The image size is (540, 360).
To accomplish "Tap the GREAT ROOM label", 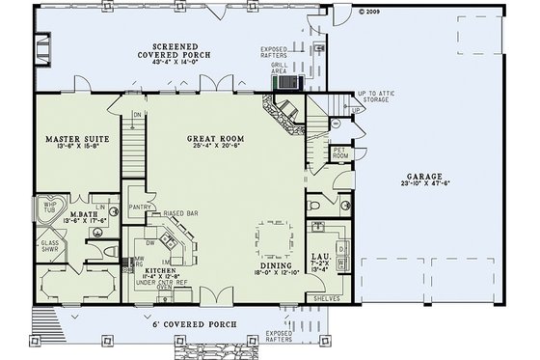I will coord(215,139).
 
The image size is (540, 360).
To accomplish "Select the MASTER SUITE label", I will coord(76,139).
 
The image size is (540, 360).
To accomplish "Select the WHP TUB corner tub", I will coord(49,208).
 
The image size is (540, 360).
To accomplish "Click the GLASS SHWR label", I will coord(50,246).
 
